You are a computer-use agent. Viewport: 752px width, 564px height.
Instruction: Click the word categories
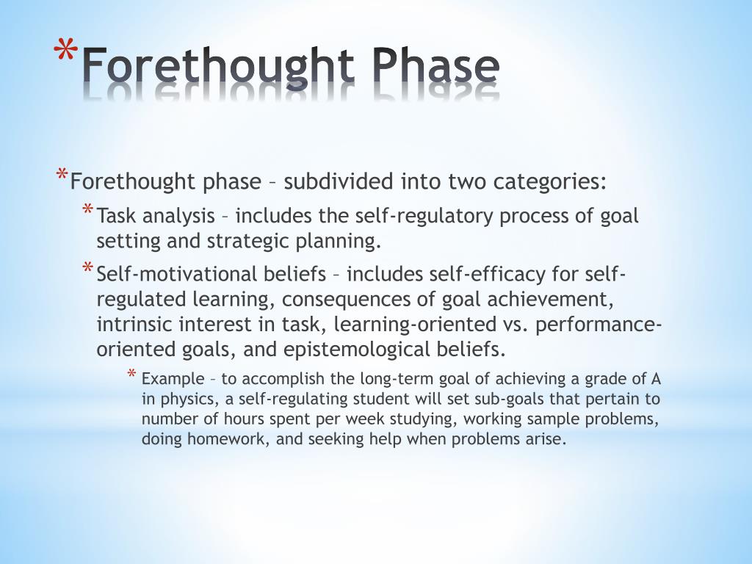550,181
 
